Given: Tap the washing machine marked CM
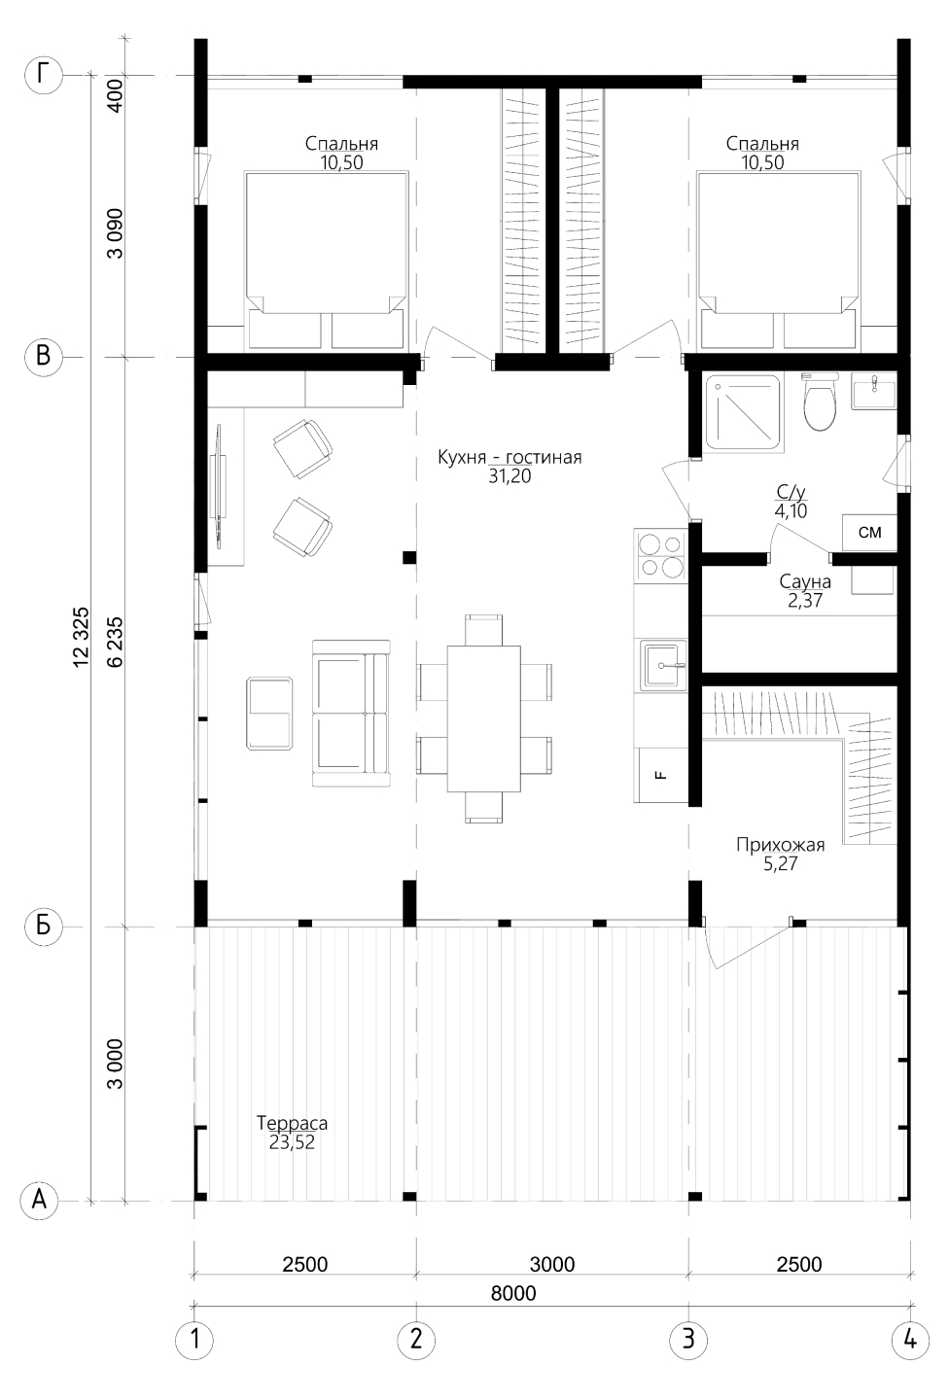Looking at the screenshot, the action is click(869, 533).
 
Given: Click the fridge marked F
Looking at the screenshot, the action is click(661, 775).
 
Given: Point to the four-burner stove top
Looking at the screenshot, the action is click(661, 554).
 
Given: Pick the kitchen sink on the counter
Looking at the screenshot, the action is click(661, 665).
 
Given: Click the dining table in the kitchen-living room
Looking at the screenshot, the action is click(484, 718).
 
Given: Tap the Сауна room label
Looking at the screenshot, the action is click(805, 581).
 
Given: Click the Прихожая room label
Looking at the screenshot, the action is click(780, 845).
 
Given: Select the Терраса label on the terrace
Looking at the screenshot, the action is click(292, 1123).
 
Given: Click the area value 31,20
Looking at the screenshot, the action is click(510, 476).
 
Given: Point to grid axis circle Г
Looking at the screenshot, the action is click(43, 75).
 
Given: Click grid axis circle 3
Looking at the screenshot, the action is click(688, 1340).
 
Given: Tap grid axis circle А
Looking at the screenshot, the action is click(40, 1200).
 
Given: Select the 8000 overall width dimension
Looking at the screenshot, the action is click(513, 1292).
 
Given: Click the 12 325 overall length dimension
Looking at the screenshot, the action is click(82, 637).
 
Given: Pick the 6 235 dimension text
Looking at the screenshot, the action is click(116, 642).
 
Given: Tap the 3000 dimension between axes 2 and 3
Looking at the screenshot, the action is click(552, 1264).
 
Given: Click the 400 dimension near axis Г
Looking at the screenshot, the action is click(116, 95).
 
